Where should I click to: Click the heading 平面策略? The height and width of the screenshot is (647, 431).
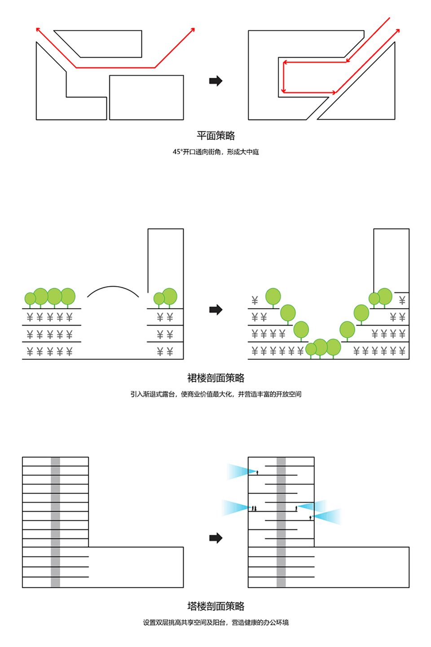215,136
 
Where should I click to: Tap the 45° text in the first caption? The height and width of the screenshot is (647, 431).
177,152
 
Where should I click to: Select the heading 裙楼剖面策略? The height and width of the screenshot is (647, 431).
215,378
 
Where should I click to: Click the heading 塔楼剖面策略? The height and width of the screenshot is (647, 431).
215,606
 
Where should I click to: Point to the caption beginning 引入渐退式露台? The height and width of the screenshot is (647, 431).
215,394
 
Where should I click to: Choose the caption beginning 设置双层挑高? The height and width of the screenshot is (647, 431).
215,622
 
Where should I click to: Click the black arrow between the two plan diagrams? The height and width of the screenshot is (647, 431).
215,81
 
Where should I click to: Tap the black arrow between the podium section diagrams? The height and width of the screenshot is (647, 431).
215,310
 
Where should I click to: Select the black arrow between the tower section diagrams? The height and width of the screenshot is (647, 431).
215,538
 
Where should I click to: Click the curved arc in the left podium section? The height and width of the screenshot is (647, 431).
113,287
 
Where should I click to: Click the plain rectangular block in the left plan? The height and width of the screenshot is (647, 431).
146,97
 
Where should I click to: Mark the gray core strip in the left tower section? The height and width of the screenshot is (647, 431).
55,522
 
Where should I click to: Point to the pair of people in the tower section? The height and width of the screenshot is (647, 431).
254,508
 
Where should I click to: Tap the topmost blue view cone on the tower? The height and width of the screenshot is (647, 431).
242,472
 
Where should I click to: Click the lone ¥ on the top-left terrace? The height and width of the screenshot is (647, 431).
254,301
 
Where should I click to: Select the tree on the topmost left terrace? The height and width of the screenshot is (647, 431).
273,297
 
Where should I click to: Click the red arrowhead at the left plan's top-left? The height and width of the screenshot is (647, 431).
38,29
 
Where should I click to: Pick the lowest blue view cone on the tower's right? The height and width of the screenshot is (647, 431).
327,517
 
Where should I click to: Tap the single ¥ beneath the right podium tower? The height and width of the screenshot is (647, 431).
402,301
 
